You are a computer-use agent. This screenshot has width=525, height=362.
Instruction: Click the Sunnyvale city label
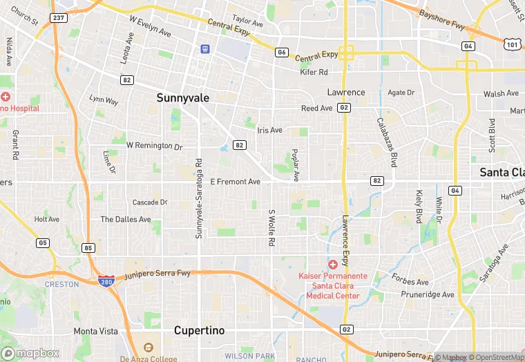click(182, 98)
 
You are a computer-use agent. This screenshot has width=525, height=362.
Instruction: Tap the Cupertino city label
click(199, 330)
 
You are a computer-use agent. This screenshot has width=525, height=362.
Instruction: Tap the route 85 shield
click(89, 247)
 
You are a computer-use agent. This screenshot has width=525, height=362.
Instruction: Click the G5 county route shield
click(43, 242)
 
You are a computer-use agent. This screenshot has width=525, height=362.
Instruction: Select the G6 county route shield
click(281, 52)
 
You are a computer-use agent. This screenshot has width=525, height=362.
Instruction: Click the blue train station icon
click(204, 48)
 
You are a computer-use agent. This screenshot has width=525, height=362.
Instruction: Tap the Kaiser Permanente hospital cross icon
click(332, 265)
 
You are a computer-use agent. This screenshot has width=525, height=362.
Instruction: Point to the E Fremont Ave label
click(235, 182)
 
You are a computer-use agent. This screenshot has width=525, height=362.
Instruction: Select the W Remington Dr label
click(154, 146)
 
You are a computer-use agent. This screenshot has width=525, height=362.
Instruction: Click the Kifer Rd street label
click(314, 72)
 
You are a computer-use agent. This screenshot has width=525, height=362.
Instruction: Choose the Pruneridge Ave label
click(428, 294)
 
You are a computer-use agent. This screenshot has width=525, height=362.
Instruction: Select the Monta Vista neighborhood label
click(96, 331)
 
